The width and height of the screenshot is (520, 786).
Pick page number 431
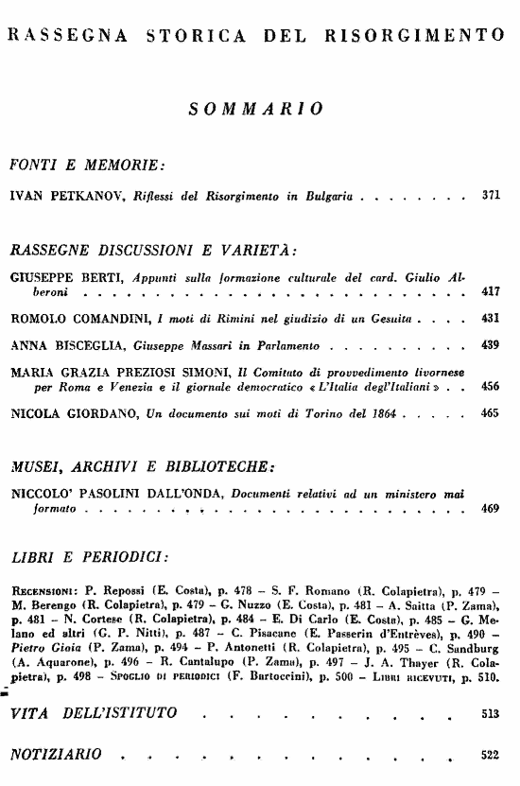coord(490,320)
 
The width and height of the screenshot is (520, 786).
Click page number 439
coord(490,346)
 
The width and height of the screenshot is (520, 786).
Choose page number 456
coord(490,388)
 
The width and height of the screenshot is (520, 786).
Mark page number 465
coord(490,413)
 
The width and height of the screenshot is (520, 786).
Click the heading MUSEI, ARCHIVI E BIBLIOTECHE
coord(142,465)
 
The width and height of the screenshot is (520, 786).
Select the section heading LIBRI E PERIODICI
coord(89,551)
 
